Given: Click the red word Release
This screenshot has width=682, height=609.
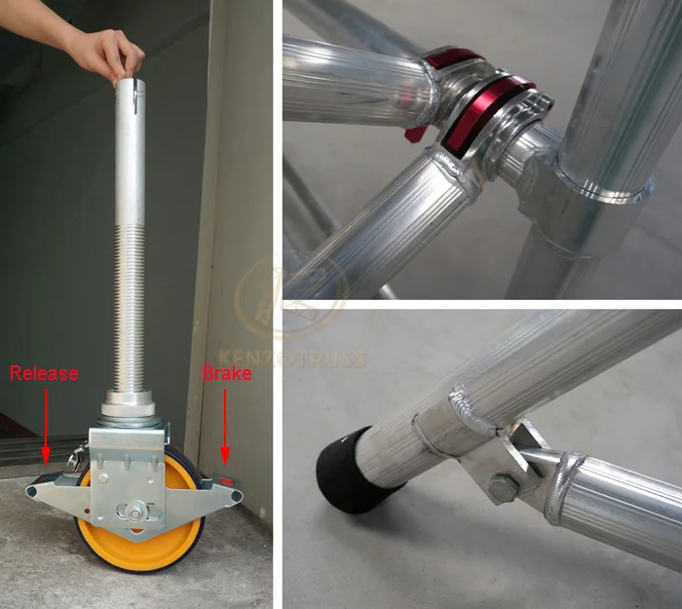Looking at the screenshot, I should click(x=45, y=372).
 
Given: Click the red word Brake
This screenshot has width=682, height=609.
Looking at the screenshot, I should click(x=227, y=372).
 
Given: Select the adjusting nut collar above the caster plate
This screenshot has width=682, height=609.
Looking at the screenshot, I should click(x=128, y=401).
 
